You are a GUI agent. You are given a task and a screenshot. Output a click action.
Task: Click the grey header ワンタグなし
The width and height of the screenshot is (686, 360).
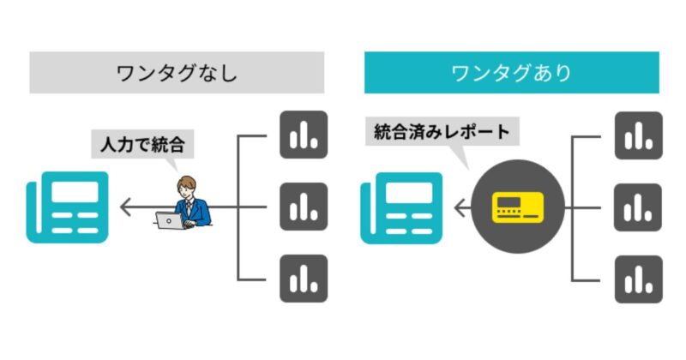tap(177, 72)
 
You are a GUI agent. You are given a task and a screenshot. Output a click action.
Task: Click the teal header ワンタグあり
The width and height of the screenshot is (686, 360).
tap(511, 72)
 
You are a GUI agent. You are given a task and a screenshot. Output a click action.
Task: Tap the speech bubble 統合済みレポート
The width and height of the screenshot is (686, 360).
tap(442, 132)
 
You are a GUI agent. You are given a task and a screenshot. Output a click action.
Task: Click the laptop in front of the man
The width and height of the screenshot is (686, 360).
tap(169, 220)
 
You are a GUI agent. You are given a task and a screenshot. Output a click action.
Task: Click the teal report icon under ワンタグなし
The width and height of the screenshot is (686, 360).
tap(67, 207)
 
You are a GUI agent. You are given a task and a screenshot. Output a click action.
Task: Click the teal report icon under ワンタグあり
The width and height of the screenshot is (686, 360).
tap(400, 207)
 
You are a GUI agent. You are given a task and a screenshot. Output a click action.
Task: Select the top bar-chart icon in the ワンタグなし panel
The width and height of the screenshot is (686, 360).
tap(304, 135)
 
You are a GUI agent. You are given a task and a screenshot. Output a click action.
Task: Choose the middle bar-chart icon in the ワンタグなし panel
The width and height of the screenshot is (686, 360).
tap(304, 207)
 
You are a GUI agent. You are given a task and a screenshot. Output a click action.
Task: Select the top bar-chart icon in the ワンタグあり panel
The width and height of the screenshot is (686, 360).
tap(638, 135)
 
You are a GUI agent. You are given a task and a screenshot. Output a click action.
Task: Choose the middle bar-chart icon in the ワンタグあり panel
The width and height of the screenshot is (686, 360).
tap(638, 207)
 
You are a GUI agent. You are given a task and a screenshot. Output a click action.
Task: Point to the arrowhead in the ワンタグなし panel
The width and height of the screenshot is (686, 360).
tap(125, 207)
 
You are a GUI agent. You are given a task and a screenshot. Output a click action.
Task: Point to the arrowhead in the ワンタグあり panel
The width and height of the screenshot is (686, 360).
tap(459, 207)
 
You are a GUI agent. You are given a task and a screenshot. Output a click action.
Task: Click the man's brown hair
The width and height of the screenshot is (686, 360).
tap(186, 182)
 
